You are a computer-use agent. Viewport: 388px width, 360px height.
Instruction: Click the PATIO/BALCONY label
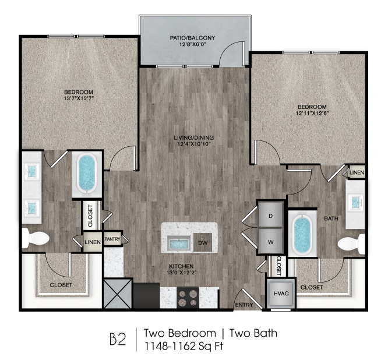[192, 38]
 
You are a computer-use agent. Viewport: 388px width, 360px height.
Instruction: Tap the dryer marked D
[270, 216]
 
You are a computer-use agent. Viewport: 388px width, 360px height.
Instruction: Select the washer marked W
[270, 240]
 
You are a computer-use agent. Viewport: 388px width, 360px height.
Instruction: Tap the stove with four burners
[189, 298]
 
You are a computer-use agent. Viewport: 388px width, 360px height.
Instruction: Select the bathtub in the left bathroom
[87, 174]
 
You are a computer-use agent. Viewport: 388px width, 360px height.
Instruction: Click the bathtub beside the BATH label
[302, 235]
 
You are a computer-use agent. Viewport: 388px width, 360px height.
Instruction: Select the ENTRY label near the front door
[244, 305]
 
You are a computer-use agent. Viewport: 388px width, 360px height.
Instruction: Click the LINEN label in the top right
[356, 172]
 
